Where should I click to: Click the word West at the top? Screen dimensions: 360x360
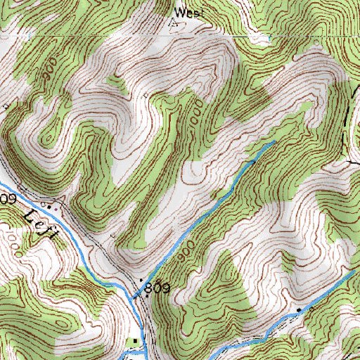coord(186,12)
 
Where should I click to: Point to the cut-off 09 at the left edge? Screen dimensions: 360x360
coord(8,200)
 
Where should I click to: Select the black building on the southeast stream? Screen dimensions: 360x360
coord(298,309)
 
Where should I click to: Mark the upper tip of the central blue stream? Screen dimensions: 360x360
coord(273,143)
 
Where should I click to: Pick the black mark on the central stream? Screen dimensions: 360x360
coord(253,162)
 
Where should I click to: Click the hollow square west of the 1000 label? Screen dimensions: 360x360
coord(146,94)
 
